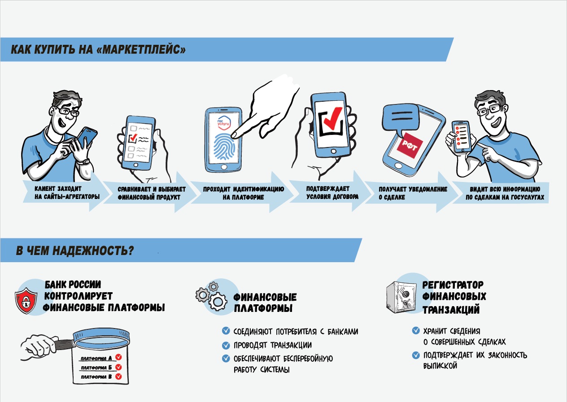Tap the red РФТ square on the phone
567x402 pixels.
click(409, 145)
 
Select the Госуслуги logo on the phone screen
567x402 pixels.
click(223, 122)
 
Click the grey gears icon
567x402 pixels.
click(211, 296)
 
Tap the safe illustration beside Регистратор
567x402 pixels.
click(401, 298)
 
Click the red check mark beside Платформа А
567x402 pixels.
click(118, 357)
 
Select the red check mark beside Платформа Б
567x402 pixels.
click(118, 367)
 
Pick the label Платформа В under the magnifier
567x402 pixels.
click(96, 377)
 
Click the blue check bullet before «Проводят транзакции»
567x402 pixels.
click(226, 345)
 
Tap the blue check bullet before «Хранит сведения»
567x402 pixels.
click(416, 330)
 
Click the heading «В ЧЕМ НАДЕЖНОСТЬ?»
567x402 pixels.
click(75, 251)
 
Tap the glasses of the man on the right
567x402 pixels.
click(488, 110)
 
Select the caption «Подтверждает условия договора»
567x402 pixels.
click(332, 193)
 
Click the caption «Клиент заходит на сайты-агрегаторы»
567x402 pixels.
click(67, 193)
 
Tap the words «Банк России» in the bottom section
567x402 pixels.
click(73, 285)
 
